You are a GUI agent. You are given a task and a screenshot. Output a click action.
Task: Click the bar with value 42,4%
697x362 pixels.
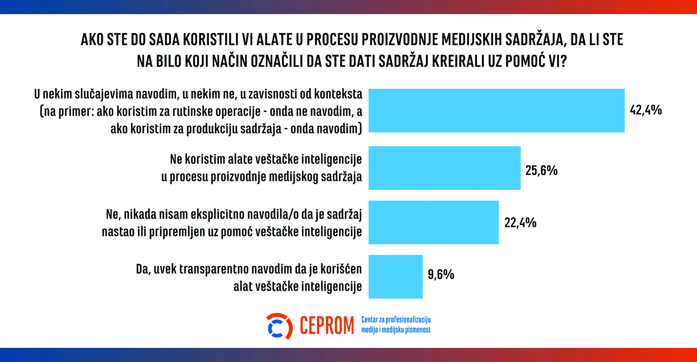(496, 111)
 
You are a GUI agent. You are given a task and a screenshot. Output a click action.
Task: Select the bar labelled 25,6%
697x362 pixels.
(444, 168)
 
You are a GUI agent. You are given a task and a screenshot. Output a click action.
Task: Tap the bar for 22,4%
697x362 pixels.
(433, 222)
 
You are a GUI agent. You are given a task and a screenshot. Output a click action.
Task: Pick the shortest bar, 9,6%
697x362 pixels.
(395, 277)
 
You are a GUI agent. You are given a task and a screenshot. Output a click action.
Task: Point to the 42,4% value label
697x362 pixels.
(645, 110)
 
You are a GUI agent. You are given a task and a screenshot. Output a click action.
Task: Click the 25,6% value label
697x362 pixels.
(541, 170)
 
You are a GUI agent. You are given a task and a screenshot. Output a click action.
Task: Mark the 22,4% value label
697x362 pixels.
(520, 222)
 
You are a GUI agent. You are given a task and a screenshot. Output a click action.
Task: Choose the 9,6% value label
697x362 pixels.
(441, 274)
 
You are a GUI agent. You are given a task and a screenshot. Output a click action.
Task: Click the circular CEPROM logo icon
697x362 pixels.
(279, 326)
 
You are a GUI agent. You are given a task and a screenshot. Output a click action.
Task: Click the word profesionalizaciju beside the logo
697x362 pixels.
(408, 320)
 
